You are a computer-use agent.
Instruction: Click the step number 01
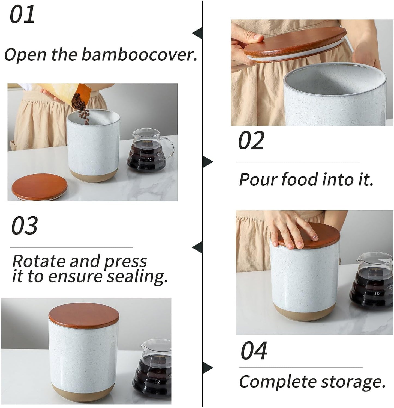coord(22,15)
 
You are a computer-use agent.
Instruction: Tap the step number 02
coord(251,140)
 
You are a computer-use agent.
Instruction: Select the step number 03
coord(24,226)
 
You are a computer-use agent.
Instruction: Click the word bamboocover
coord(139,54)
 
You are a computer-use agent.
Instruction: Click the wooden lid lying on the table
coord(40,187)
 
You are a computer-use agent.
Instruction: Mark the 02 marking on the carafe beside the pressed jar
coord(377,294)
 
